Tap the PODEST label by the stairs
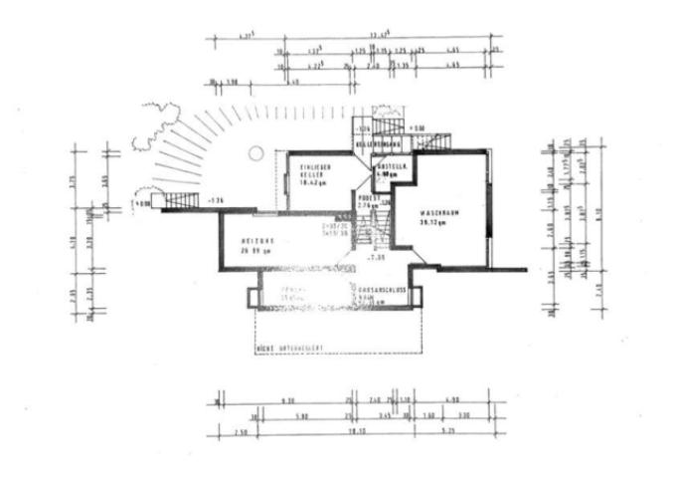(x=367, y=199)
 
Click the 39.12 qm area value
(x=437, y=224)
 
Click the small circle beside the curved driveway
(x=255, y=153)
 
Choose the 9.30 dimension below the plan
(x=289, y=400)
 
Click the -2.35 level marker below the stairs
(x=375, y=258)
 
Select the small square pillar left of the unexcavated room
(x=250, y=296)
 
